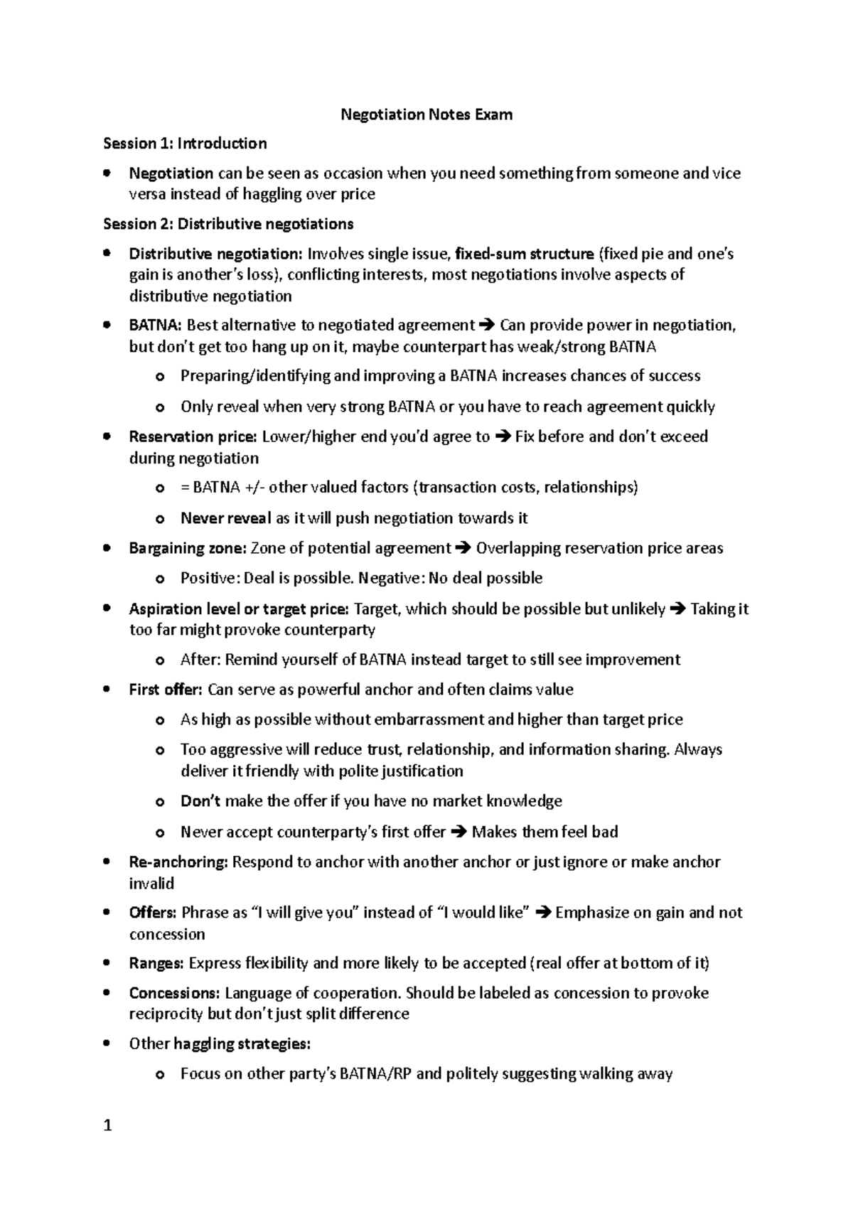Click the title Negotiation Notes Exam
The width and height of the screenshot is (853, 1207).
426,114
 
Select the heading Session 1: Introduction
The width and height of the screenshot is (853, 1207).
185,144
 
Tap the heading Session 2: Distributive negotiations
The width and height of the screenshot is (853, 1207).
228,225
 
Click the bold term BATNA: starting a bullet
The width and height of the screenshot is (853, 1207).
155,326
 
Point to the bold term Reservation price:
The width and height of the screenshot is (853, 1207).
193,436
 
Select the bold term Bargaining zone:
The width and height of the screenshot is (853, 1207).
188,548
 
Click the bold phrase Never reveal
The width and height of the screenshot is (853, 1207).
225,518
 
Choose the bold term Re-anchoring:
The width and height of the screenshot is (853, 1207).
178,862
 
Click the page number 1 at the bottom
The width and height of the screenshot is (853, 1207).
107,1125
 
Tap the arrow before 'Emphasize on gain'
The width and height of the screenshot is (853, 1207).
542,913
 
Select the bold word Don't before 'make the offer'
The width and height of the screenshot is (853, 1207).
200,802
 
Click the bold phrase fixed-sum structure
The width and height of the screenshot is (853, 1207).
524,254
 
